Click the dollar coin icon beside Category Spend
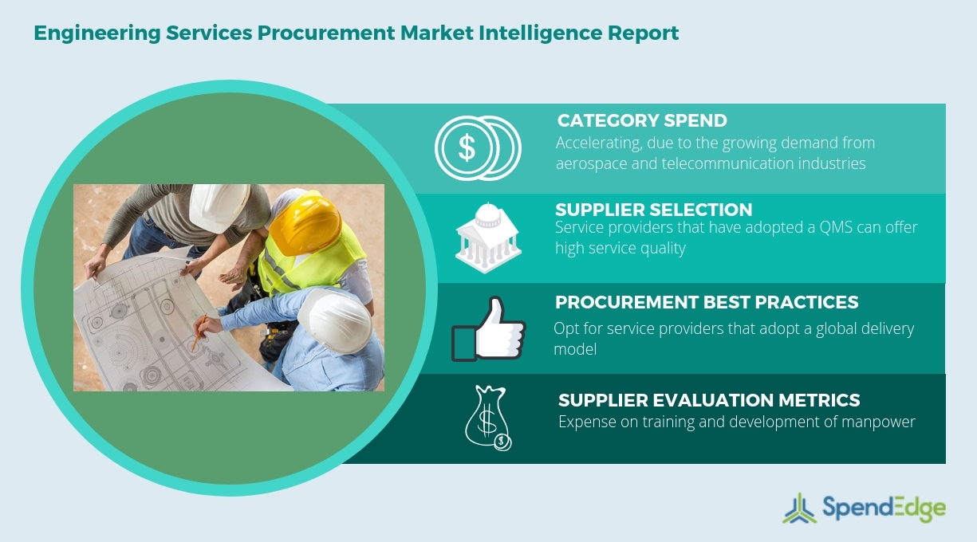476,147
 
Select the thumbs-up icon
487,328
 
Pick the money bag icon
488,417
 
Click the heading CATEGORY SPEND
642,121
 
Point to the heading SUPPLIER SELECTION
653,210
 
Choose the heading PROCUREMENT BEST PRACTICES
707,303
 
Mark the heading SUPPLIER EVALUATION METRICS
709,400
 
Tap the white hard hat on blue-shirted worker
339,319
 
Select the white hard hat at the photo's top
219,205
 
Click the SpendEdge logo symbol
799,509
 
